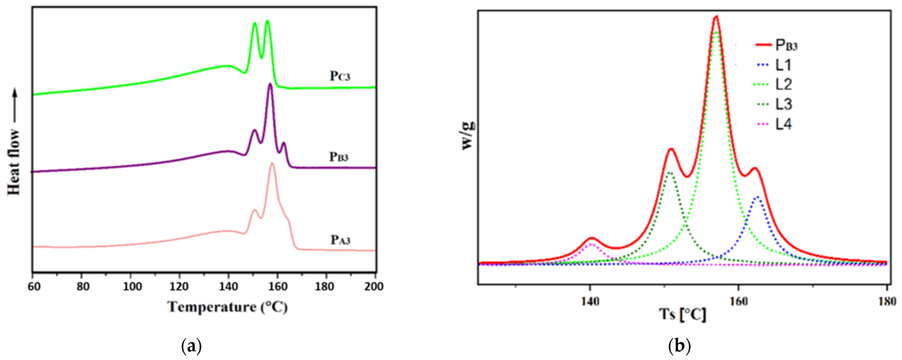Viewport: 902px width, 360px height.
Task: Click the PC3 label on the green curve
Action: (x=340, y=76)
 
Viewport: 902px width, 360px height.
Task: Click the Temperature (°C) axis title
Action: (x=228, y=307)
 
